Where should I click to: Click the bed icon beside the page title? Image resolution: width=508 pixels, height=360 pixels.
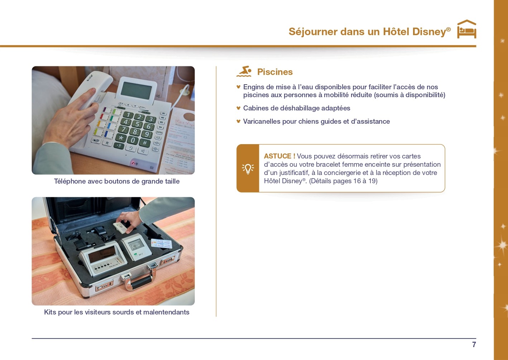(466, 29)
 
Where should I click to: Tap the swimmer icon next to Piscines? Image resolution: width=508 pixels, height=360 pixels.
(244, 71)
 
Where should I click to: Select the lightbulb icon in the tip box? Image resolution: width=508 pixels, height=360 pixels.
(248, 169)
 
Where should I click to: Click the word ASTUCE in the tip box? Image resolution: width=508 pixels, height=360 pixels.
(278, 156)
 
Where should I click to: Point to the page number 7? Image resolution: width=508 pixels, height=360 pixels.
(474, 345)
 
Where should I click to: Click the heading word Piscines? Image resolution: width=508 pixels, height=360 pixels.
(275, 72)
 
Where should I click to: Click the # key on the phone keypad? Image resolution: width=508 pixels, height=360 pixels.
(145, 143)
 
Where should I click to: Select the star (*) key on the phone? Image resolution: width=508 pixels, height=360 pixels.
(121, 138)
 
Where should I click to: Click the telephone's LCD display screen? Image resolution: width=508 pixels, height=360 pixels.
(136, 90)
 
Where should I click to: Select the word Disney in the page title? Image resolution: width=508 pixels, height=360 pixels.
(431, 31)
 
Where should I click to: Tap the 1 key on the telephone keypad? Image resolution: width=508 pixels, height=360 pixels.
(128, 115)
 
